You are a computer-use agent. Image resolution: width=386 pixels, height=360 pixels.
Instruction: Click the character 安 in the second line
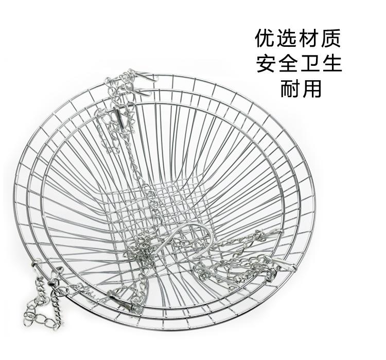point(267,64)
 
